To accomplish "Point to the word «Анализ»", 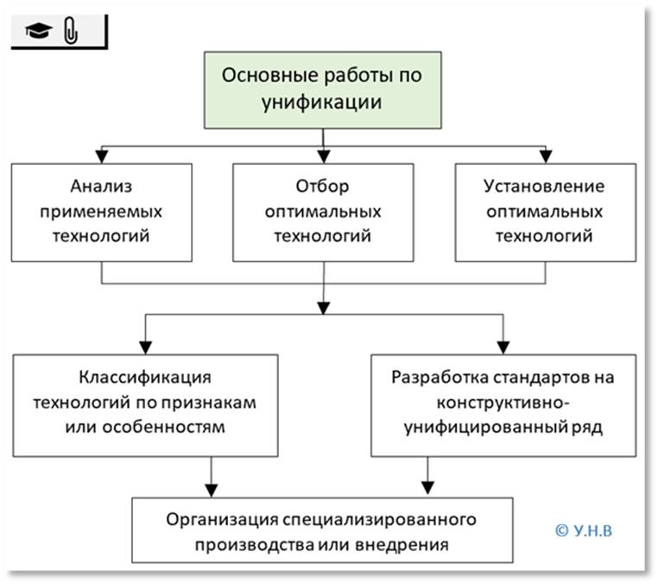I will point(103,187).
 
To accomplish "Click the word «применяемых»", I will point(103,211).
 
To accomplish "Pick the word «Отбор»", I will point(322,187).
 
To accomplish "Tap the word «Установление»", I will point(545,187).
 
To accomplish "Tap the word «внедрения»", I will point(412,545).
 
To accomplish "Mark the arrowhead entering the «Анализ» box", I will point(103,156).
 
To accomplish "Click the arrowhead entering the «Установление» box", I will point(545,156).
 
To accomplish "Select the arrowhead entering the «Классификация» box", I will point(145,345).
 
